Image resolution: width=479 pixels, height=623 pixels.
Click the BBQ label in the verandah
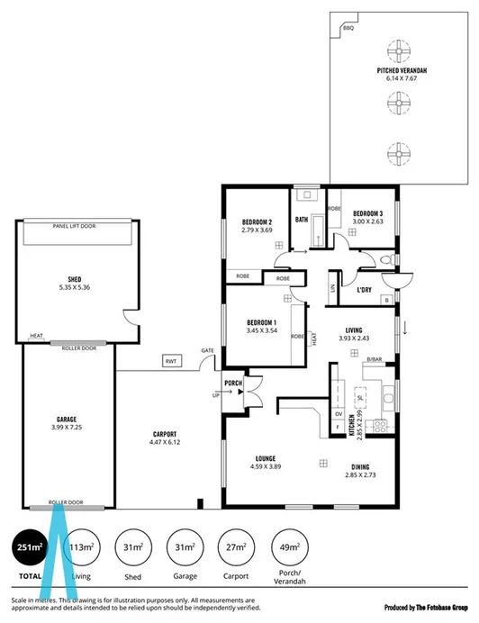[349, 29]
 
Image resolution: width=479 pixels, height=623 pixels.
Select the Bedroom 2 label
[257, 221]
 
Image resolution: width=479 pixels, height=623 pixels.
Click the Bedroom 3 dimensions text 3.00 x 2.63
[367, 221]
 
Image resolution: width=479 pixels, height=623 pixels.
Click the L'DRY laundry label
[365, 291]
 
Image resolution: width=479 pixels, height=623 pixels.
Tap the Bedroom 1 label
[261, 322]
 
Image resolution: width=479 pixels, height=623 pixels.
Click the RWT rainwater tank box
[170, 361]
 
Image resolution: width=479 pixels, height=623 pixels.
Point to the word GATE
[207, 350]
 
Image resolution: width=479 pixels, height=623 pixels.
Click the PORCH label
[233, 382]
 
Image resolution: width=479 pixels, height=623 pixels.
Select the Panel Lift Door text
[74, 226]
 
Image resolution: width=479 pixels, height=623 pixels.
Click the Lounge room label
[265, 457]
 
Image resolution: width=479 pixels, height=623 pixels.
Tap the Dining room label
[358, 465]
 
